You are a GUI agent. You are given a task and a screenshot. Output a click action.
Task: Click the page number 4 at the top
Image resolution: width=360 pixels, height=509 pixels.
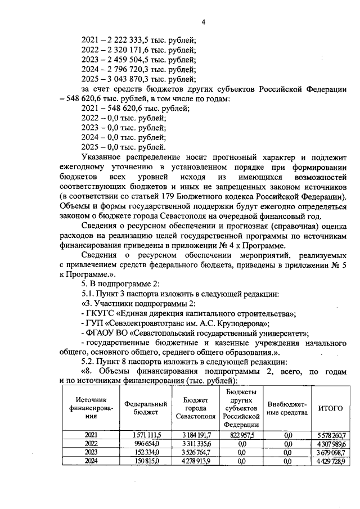click(x=204, y=22)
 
